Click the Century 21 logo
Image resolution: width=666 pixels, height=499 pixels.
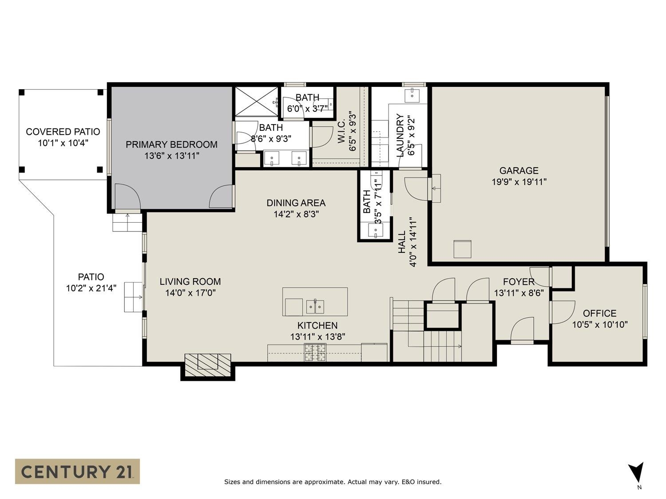[77, 471]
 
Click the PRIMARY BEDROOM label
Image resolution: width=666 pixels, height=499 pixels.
[171, 145]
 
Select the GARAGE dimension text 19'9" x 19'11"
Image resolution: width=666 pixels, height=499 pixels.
[519, 182]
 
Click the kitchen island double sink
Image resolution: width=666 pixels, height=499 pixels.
[315, 306]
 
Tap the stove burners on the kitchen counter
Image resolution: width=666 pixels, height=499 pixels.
[315, 353]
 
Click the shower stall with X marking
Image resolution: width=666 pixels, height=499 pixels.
[256, 102]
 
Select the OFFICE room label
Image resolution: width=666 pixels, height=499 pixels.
[599, 313]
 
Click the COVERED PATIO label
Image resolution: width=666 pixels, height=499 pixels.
[63, 132]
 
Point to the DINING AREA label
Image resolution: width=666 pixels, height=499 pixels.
[296, 203]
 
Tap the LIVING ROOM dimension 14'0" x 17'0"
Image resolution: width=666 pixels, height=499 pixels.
[190, 293]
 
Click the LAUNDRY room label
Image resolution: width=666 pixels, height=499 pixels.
[400, 135]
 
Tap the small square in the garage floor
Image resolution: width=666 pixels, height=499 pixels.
[462, 249]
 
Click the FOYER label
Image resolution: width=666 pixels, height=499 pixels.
[519, 282]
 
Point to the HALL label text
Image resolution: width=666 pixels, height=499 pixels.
[402, 242]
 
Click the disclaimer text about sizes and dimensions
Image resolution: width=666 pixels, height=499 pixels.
[333, 482]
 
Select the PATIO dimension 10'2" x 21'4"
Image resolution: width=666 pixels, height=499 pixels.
[91, 288]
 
